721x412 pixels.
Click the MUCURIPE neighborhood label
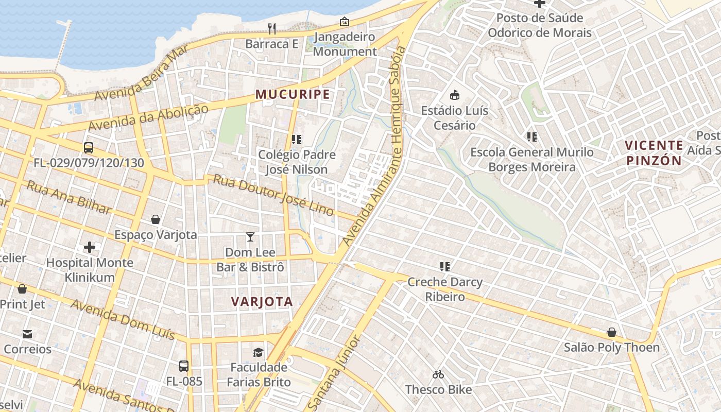293,94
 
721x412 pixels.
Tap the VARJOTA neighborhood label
262,302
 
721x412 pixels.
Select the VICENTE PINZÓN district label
654,153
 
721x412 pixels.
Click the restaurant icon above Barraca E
272,29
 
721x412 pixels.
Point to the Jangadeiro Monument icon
344,22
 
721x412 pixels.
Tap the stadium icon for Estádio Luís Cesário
454,95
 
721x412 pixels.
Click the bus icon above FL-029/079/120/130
89,148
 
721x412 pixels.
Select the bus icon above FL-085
184,366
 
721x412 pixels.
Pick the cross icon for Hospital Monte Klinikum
90,247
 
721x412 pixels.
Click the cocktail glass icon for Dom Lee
250,237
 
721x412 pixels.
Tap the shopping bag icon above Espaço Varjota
156,220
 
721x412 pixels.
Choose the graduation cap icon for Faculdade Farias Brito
258,352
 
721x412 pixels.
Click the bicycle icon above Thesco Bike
438,374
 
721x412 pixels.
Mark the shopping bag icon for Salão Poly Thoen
611,332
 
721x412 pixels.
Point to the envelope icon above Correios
27,334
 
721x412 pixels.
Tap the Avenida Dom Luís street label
123,319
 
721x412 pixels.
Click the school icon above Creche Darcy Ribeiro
445,267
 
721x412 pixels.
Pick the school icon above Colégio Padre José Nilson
296,139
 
